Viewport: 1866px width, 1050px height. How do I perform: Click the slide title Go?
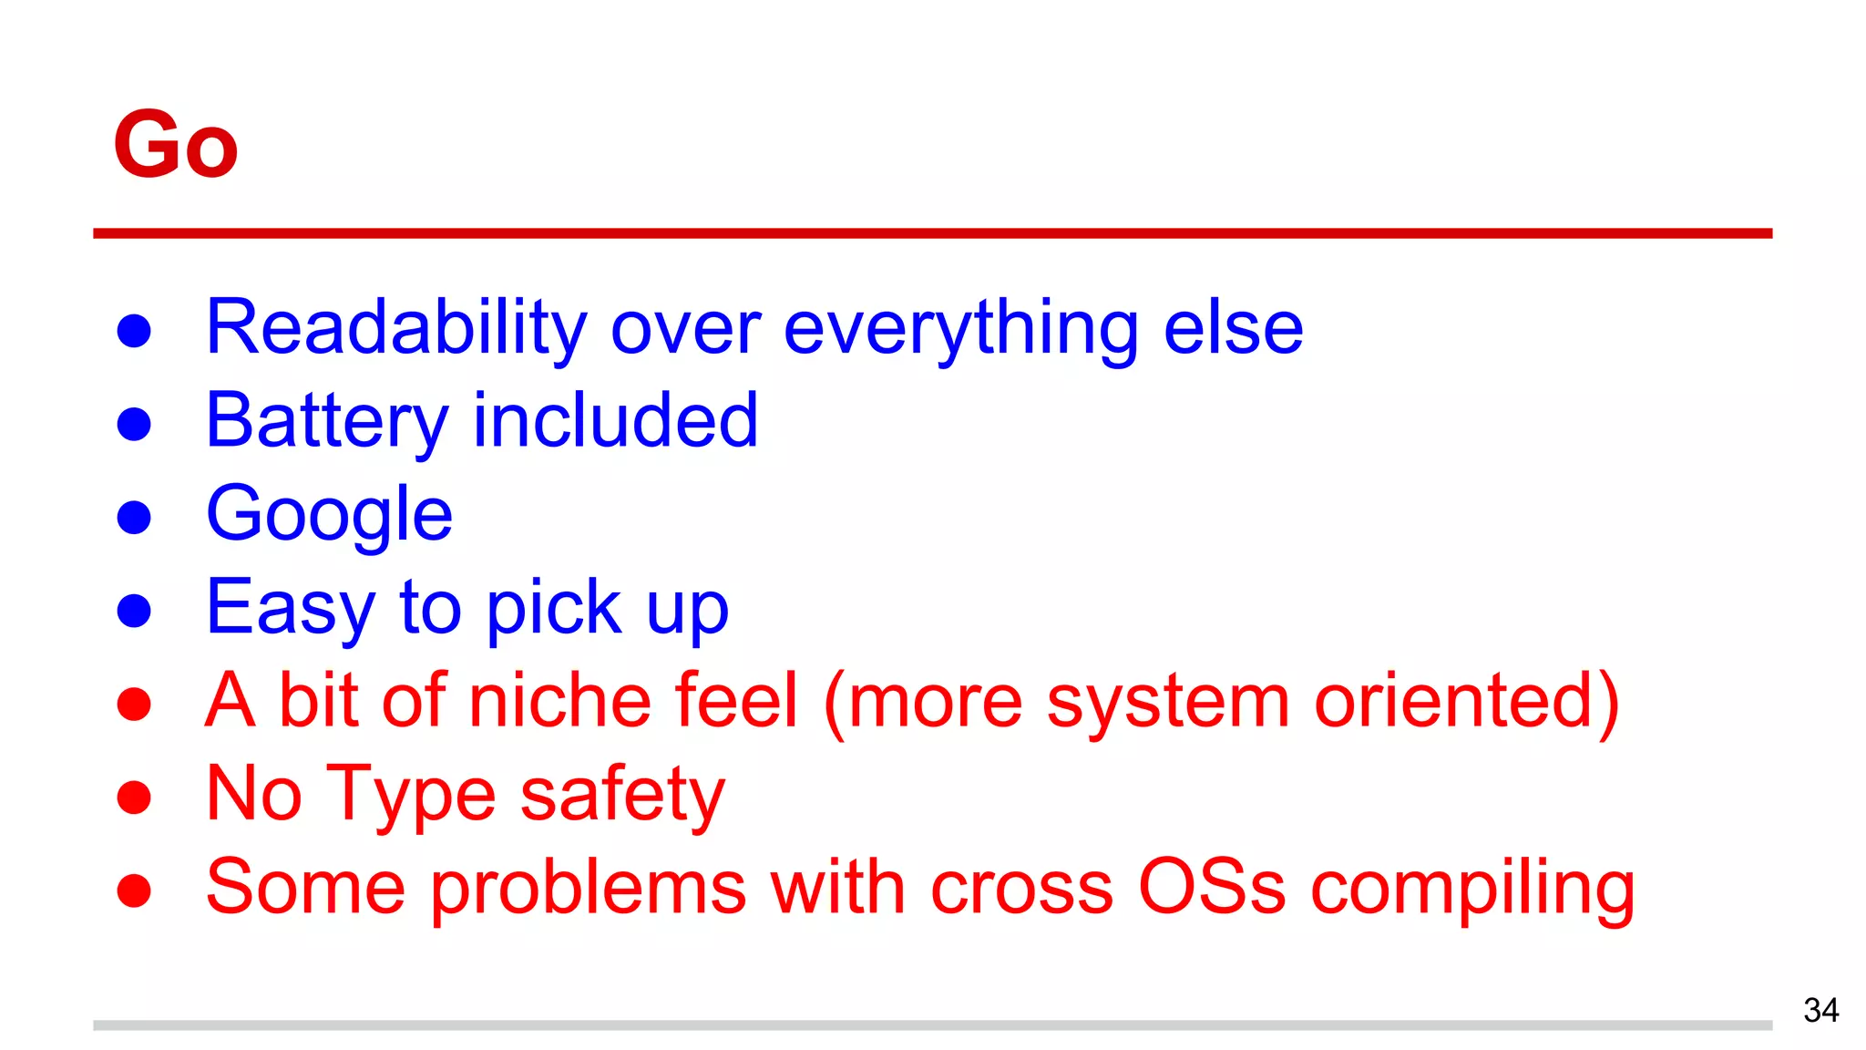click(175, 144)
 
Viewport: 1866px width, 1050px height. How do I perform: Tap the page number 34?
click(1820, 1010)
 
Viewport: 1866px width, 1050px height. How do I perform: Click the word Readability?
click(396, 328)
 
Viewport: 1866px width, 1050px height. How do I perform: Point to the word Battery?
click(326, 421)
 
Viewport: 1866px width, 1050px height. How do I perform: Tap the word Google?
click(329, 515)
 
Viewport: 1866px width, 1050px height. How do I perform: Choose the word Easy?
click(290, 609)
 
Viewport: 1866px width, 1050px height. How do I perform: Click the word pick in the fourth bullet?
click(553, 609)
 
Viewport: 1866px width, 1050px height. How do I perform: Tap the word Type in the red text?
click(411, 796)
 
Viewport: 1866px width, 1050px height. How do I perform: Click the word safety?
click(622, 796)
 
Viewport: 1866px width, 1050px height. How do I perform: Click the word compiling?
click(1472, 889)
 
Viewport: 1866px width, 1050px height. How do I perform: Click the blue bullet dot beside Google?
click(134, 517)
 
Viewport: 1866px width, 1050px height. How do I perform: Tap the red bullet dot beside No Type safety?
click(134, 797)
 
